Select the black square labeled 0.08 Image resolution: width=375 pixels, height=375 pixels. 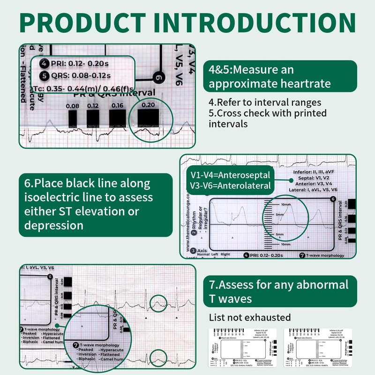[x=73, y=119]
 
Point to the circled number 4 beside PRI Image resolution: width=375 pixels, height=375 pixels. [x=44, y=64]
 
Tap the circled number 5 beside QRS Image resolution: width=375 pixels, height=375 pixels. [x=44, y=75]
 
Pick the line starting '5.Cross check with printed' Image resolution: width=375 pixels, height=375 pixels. [x=268, y=113]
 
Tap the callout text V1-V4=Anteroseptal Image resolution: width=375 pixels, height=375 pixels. [x=230, y=175]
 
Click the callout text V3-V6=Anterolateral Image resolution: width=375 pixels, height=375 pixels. [x=230, y=186]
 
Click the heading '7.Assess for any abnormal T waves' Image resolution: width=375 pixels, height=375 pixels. [x=279, y=291]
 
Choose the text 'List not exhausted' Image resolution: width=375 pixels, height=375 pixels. [x=249, y=317]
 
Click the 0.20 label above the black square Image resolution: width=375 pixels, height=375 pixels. [x=148, y=105]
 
